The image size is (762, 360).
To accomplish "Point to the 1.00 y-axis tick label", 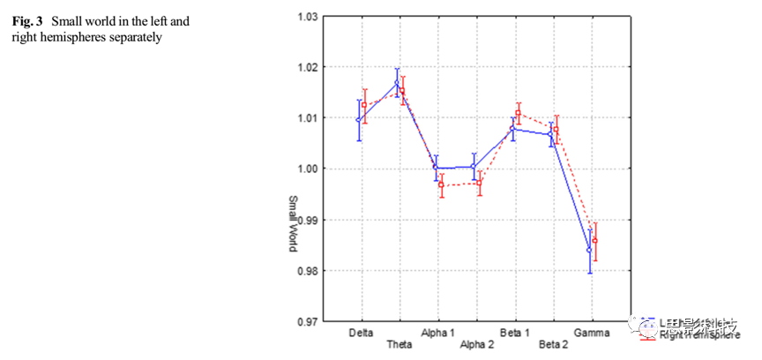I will click(306, 169).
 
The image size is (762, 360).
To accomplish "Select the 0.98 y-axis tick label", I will click(306, 271).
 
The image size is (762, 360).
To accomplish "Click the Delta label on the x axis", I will click(360, 333).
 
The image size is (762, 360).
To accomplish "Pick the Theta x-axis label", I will click(400, 343).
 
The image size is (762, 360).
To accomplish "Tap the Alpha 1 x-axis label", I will click(437, 333).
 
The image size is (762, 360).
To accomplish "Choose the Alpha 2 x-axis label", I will click(477, 343).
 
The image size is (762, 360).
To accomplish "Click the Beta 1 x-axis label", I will click(515, 333).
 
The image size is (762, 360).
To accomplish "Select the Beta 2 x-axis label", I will click(554, 343).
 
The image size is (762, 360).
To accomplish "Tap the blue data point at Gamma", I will click(589, 250).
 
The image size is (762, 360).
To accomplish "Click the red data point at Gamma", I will click(595, 241).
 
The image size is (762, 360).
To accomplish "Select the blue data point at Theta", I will click(397, 83).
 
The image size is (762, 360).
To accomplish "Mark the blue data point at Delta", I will click(358, 120).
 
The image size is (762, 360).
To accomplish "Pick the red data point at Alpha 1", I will click(441, 184).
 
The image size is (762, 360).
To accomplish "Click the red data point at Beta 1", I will click(519, 113).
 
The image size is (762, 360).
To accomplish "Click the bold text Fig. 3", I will click(26, 19).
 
